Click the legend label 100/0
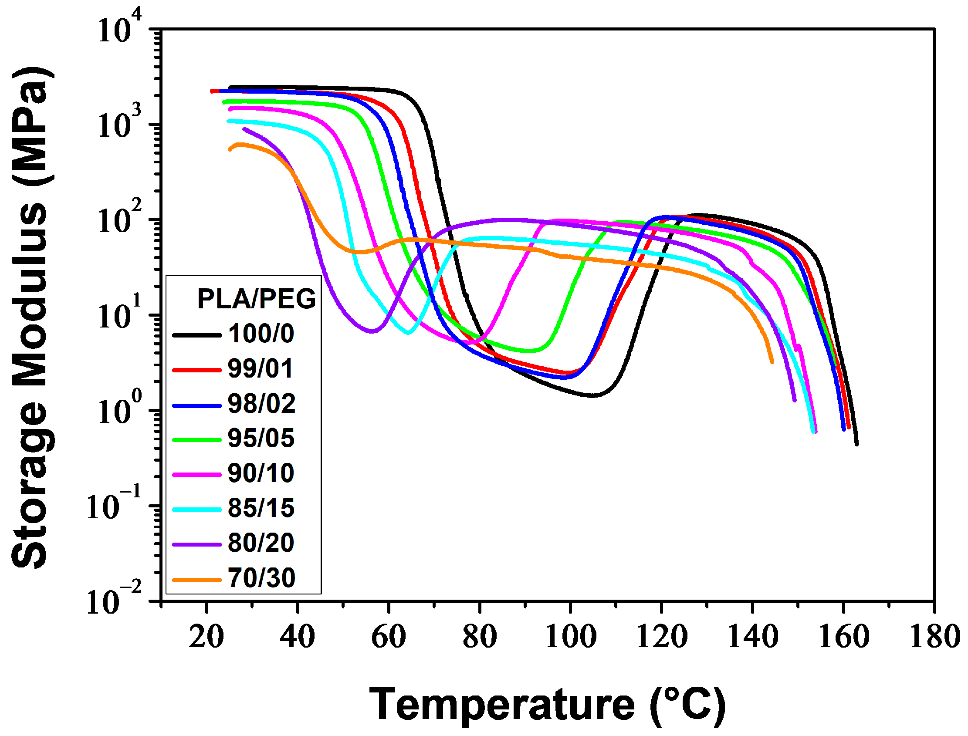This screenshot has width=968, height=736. pyautogui.click(x=261, y=334)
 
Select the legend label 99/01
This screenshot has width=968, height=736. pyautogui.click(x=260, y=369)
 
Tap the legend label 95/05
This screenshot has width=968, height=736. pyautogui.click(x=261, y=439)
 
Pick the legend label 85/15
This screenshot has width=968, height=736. pyautogui.click(x=261, y=509)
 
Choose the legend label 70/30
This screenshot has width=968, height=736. pyautogui.click(x=261, y=579)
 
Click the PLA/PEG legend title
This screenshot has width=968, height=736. pyautogui.click(x=256, y=300)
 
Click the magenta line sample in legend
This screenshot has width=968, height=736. pyautogui.click(x=197, y=475)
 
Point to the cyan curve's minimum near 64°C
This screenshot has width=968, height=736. pyautogui.click(x=408, y=333)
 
